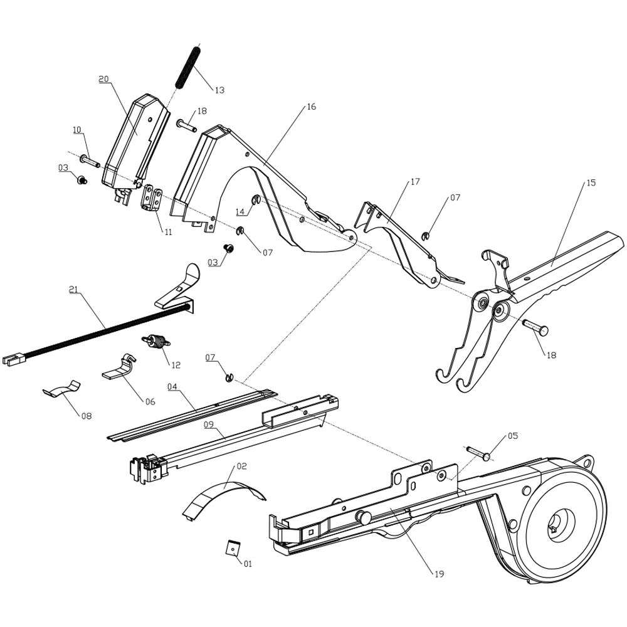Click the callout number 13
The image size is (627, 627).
tap(219, 90)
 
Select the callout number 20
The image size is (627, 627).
tap(103, 79)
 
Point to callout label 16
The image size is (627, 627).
tap(311, 107)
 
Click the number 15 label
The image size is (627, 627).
tap(591, 183)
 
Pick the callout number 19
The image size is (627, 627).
tap(440, 574)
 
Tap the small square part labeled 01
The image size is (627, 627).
tap(232, 547)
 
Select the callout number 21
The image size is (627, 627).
tap(73, 289)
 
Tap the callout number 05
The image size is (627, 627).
tap(513, 435)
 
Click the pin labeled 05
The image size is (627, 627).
tap(479, 453)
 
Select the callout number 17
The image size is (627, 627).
tap(415, 182)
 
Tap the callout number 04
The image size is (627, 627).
tap(172, 387)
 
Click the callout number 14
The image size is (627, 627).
tap(240, 211)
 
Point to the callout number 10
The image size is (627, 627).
tap(77, 130)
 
